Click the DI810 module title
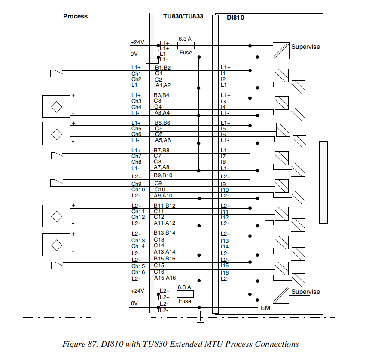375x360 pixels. point(235,18)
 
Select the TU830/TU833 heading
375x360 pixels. point(183,16)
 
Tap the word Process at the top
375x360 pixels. point(75,16)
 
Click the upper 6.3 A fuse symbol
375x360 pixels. point(186,45)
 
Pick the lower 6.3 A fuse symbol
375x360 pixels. point(185,294)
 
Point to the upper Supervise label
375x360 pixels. point(305,47)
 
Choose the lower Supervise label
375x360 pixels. point(305,292)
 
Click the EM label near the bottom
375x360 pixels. point(266,308)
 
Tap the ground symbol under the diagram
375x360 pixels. point(199,320)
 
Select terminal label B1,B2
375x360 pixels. point(163,67)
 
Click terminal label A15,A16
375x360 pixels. point(165,278)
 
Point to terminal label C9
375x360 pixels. point(158,183)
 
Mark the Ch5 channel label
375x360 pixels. point(136,128)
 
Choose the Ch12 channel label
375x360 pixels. point(138,217)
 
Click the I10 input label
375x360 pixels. point(224,190)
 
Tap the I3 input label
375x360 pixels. point(223,101)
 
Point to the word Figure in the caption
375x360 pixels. point(73,344)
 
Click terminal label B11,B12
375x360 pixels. point(165,206)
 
